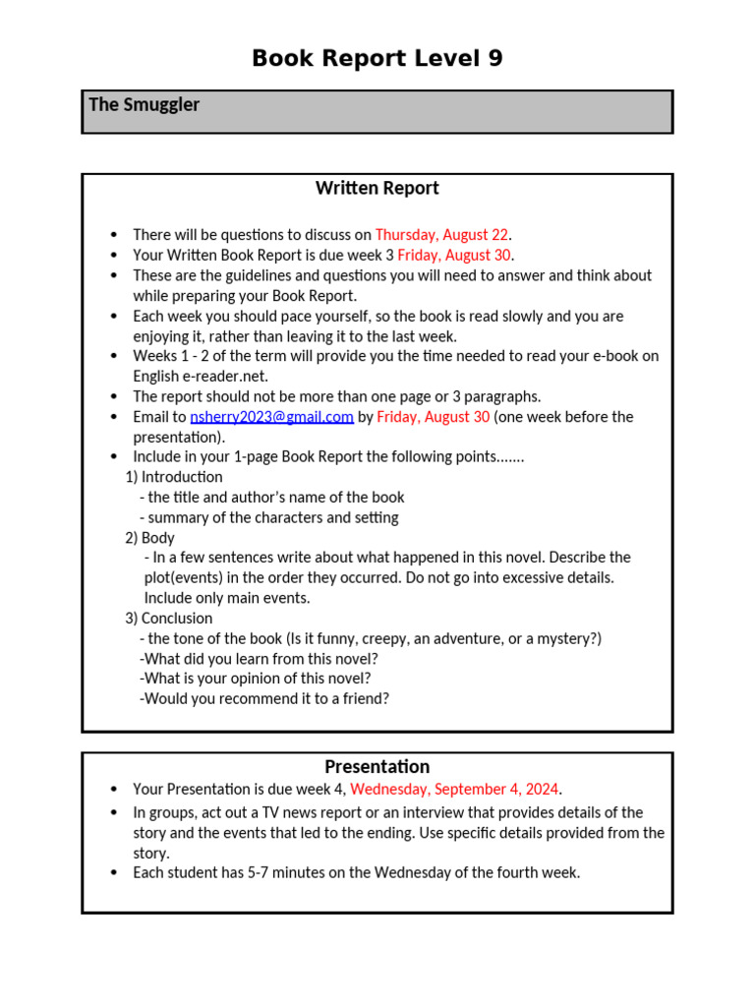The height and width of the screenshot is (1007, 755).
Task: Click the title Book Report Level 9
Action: (377, 59)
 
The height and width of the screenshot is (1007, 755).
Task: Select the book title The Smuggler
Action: (144, 104)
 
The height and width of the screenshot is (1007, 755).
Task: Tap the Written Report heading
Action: (377, 188)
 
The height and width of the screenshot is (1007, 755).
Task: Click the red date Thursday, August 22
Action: (441, 235)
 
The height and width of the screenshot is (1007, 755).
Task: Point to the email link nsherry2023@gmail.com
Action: (271, 417)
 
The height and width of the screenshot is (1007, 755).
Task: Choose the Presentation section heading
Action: (377, 766)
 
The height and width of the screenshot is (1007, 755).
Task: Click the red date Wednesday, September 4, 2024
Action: (454, 789)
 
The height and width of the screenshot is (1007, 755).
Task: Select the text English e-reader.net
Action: (201, 377)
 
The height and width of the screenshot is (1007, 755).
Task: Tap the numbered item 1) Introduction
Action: (174, 477)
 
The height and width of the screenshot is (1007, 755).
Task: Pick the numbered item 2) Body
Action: (149, 538)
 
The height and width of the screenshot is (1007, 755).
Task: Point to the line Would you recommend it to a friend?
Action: (265, 699)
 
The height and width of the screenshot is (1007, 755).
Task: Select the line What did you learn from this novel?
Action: (260, 659)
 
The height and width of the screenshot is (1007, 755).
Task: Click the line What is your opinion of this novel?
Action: (256, 679)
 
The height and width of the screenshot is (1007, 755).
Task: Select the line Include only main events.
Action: (227, 598)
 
